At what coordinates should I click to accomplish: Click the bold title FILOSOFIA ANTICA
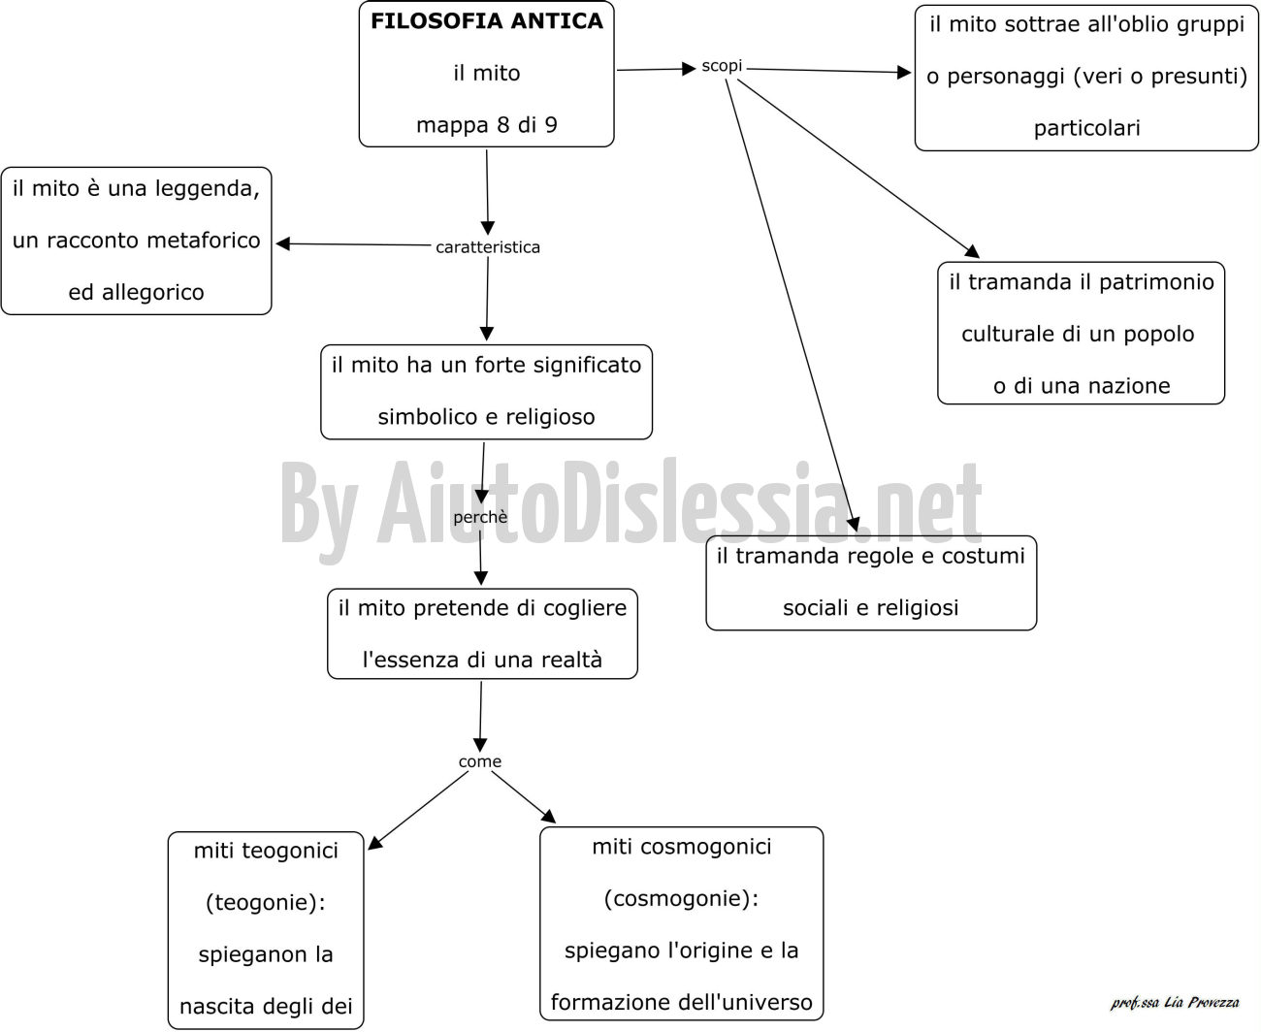(487, 21)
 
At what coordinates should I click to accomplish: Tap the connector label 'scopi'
(722, 66)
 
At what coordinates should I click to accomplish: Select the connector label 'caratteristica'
(487, 247)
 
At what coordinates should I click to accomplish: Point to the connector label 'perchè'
(480, 517)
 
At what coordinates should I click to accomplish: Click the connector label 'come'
(479, 761)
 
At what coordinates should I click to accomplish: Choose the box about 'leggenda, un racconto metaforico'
(137, 241)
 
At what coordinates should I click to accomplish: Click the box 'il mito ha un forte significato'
(486, 392)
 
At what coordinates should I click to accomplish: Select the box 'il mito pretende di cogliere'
(482, 633)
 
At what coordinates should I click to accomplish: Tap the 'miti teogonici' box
(266, 930)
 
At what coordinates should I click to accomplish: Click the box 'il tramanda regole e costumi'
(871, 583)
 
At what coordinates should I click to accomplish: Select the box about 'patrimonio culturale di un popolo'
(1081, 333)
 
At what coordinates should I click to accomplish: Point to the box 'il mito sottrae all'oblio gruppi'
(1086, 78)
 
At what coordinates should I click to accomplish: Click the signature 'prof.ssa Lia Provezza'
(1175, 1003)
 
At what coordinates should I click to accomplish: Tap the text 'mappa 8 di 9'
(487, 125)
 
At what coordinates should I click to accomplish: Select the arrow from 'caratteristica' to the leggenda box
(353, 244)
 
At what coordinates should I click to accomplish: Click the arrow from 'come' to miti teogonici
(418, 810)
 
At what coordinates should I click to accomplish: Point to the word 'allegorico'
(152, 293)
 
